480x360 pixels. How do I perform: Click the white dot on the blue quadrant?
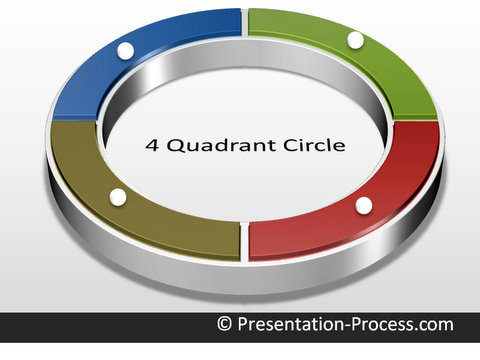point(125,50)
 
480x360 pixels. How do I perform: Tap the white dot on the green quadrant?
point(355,40)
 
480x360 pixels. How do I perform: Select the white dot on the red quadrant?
point(364,205)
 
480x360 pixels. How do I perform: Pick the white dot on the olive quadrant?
point(118,197)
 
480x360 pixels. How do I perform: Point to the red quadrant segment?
point(330,225)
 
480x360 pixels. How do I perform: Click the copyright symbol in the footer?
point(225,325)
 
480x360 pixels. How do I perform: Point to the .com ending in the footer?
point(433,325)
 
